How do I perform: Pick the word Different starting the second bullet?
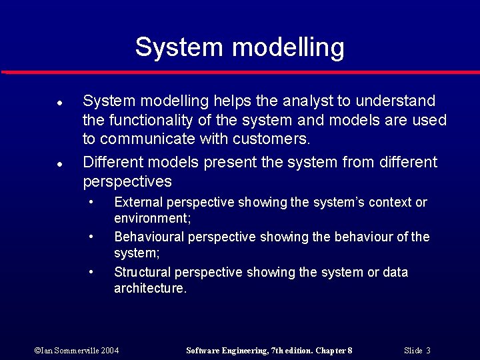coord(113,163)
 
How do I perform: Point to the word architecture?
coord(149,289)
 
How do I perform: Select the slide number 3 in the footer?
coord(428,351)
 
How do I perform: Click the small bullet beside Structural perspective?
coord(91,271)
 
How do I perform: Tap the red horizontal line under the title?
coord(240,71)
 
